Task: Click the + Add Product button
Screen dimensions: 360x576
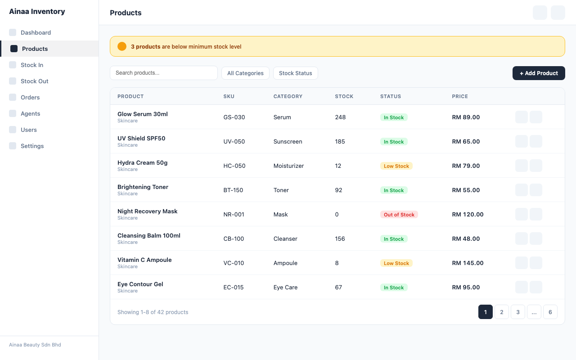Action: coord(539,73)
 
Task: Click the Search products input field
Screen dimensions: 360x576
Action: coord(164,73)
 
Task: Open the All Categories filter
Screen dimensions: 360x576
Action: coord(245,73)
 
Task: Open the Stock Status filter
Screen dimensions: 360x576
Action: coord(295,73)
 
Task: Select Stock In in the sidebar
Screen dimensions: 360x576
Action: coord(32,65)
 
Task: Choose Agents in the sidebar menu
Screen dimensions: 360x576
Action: coord(30,114)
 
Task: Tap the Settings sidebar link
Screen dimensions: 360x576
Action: coord(32,146)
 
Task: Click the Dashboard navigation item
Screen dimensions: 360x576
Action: coord(36,33)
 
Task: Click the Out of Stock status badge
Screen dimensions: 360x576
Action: coord(399,215)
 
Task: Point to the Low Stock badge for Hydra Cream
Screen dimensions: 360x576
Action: coord(396,166)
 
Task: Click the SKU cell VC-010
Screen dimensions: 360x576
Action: coord(234,263)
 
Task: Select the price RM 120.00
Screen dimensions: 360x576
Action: coord(468,215)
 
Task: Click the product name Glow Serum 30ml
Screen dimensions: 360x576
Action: coord(142,114)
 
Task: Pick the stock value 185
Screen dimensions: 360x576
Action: coord(340,142)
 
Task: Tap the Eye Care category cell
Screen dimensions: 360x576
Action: coord(285,288)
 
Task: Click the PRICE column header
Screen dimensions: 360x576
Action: coord(460,96)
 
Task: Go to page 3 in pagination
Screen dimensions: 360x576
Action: coord(517,312)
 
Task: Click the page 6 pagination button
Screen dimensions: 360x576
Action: coord(550,312)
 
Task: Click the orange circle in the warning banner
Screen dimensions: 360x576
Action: coord(122,46)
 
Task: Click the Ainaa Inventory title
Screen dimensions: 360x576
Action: coord(37,12)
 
